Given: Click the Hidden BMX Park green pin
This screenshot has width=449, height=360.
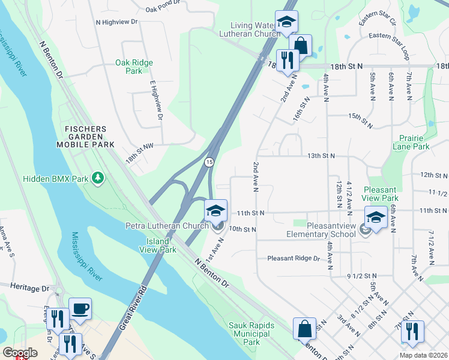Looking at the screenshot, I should pos(98,179).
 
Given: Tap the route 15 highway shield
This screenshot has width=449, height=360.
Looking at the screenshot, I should pos(209,163).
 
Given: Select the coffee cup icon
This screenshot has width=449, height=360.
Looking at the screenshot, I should pos(80,310).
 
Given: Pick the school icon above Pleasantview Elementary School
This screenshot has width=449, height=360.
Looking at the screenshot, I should pos(376,217).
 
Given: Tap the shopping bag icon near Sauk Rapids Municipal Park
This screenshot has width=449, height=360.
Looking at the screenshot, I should pos(304,329).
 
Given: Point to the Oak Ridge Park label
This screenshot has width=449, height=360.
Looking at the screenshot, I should pos(134,67).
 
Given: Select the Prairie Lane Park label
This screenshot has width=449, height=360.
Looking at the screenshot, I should pos(411,142).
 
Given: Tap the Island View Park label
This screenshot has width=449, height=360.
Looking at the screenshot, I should pos(161,245).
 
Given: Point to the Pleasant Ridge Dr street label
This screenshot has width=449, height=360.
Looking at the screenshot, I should pos(294,259).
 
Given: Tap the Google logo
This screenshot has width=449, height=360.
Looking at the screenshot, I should pos(20,353).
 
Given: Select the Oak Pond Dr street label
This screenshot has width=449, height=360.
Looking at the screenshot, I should pos(163,8).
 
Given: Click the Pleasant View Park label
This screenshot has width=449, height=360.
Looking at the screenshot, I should pos(381,193).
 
